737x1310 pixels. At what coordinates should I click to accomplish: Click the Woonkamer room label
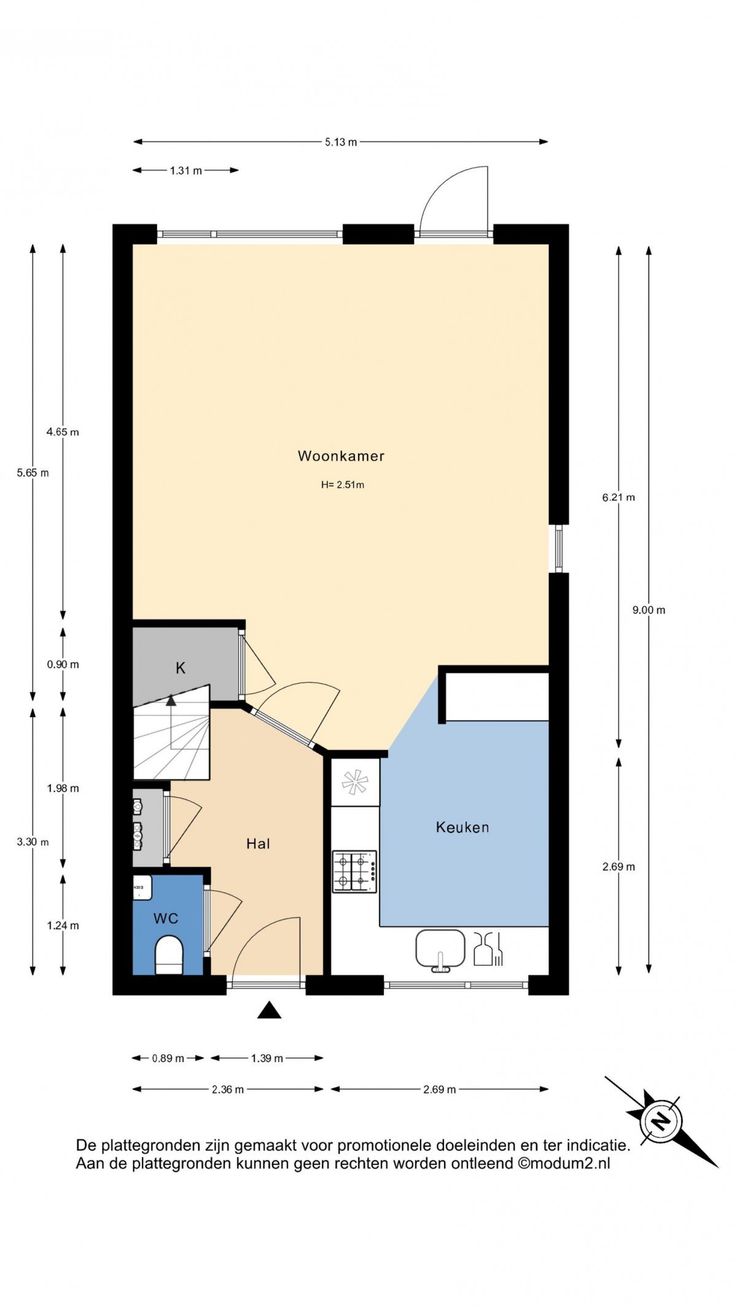tap(341, 456)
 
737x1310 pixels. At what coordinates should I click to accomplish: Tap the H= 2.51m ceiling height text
tap(342, 485)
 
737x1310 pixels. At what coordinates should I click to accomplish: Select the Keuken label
tap(462, 827)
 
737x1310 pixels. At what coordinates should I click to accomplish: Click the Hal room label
tap(258, 844)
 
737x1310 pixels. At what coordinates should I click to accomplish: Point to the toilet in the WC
tap(168, 955)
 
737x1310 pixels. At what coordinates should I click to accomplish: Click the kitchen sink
tap(440, 950)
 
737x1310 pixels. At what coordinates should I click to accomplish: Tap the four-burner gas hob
tap(354, 871)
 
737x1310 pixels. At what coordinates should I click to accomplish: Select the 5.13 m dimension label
tap(341, 142)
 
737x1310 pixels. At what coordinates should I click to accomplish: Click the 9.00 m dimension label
tap(649, 610)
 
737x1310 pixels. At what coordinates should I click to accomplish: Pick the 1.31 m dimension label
tap(186, 170)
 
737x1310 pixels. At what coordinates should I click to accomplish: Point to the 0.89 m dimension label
tap(168, 1058)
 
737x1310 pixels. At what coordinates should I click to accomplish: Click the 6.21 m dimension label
tap(618, 497)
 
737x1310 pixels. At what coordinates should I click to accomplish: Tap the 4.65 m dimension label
tap(63, 432)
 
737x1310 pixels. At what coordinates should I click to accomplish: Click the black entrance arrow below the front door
tap(269, 1010)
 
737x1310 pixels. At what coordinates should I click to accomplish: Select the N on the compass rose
tap(660, 1122)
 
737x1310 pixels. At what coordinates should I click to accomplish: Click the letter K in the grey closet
tap(181, 668)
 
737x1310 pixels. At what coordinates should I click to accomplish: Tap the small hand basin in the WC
tap(142, 887)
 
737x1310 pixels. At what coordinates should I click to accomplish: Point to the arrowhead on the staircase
tap(171, 699)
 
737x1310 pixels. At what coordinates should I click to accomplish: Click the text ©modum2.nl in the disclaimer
tap(564, 1163)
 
